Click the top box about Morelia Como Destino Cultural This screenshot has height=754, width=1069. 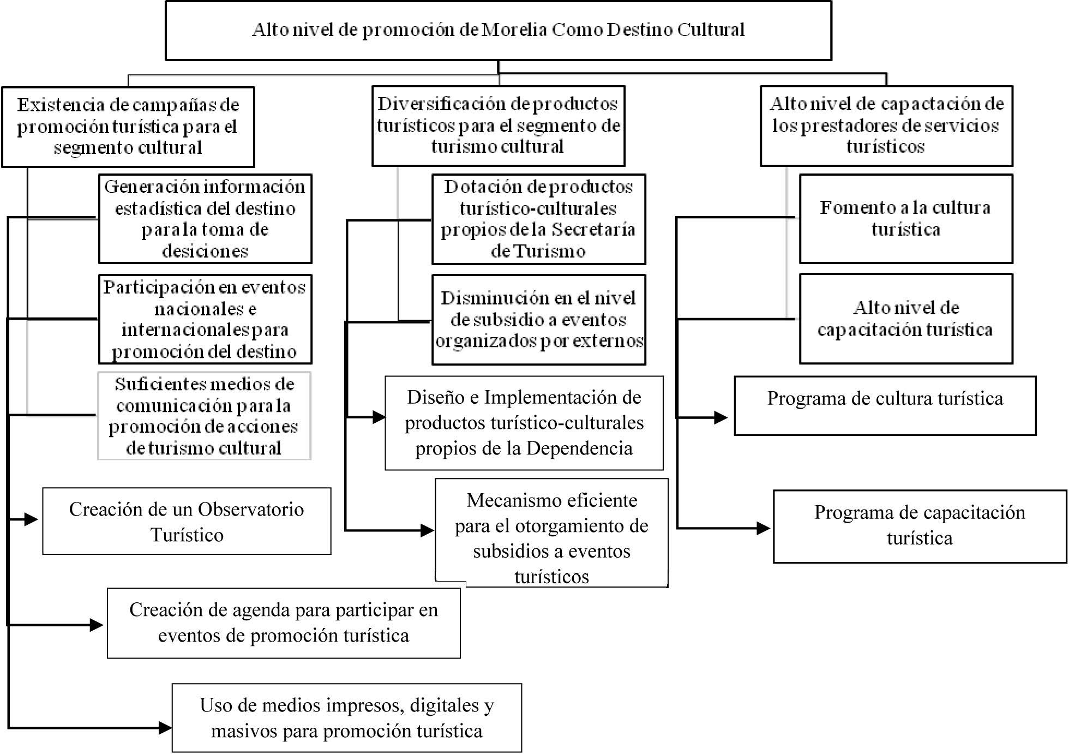click(498, 30)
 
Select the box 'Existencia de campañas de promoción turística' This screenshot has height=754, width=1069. click(128, 127)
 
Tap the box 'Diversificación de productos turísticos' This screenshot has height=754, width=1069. click(498, 125)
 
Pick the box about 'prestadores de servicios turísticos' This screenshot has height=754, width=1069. click(886, 125)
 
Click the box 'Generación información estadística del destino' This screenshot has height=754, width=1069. click(205, 219)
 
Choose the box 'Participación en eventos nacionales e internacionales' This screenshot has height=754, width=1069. click(205, 319)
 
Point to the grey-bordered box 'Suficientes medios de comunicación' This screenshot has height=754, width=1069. click(205, 416)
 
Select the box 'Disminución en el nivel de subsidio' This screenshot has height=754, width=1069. click(538, 320)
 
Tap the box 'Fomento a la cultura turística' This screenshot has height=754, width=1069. click(906, 218)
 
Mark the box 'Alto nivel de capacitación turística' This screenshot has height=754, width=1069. click(906, 319)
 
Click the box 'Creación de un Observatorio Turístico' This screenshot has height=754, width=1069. click(187, 522)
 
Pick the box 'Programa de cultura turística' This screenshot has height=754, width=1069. click(885, 405)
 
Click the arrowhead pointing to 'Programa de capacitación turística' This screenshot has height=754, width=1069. click(763, 528)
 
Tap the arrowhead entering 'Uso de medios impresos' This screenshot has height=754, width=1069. click(165, 727)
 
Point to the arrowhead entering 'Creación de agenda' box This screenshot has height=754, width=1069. click(97, 625)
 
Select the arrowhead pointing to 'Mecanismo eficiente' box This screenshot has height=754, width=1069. click(427, 530)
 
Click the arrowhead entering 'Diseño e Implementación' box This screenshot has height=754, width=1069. click(379, 417)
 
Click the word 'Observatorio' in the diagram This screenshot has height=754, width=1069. click(250, 509)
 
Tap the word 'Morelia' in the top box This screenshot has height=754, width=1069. click(515, 29)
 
